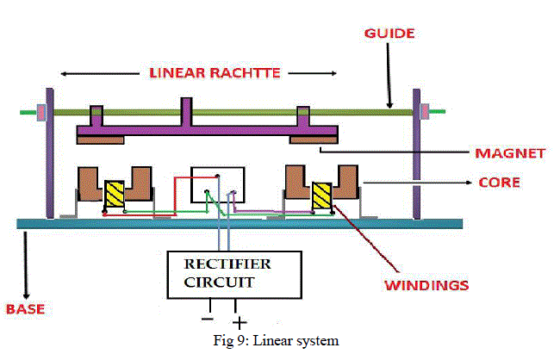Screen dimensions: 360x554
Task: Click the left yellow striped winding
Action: point(115,194)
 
